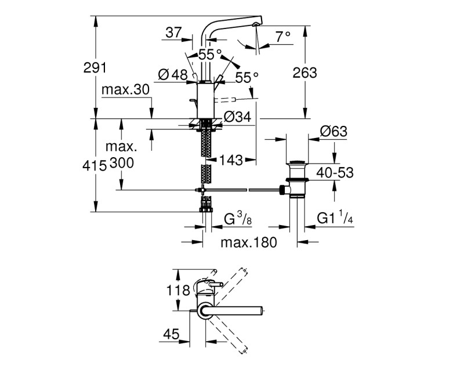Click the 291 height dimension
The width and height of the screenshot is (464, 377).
95,68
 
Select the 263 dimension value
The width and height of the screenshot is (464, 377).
304,73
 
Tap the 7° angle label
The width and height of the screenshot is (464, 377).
283,37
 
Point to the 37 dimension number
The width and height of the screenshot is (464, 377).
173,32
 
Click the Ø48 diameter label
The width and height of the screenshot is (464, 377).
173,75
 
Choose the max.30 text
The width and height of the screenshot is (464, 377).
125,89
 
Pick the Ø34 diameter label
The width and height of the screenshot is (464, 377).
237,117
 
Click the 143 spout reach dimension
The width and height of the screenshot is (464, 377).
231,161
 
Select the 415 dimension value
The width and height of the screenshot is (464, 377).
95,165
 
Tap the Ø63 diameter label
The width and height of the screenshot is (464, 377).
333,131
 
